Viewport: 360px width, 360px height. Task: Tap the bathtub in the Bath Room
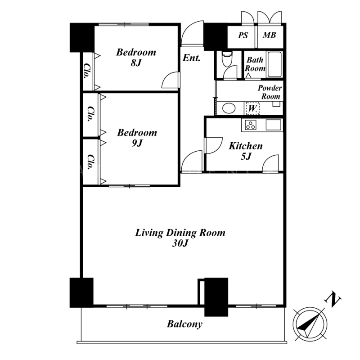click(274, 64)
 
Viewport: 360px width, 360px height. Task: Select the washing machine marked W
click(252, 108)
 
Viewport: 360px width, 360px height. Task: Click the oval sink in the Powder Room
click(229, 108)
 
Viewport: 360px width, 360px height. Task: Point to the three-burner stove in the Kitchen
click(251, 125)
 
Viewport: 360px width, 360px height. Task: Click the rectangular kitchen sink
click(273, 125)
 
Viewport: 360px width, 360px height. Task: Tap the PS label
click(243, 36)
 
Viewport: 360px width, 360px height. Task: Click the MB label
click(269, 35)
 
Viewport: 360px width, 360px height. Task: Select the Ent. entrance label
click(192, 58)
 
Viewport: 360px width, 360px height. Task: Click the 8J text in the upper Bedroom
click(136, 63)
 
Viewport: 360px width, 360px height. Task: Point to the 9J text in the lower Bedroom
click(137, 143)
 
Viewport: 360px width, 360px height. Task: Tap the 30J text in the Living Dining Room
click(180, 243)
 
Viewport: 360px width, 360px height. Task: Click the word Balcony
click(184, 324)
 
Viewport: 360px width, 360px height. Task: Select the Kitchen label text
click(246, 146)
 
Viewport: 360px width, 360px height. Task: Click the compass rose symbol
click(310, 324)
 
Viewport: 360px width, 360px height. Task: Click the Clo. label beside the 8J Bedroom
click(87, 71)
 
